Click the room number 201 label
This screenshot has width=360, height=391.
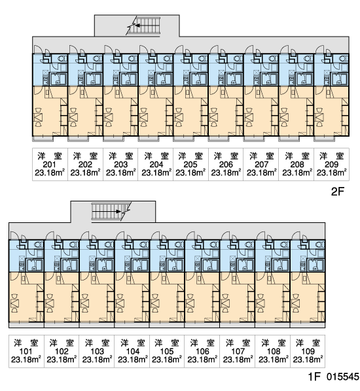tap(50, 165)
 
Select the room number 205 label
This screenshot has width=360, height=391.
tap(190, 165)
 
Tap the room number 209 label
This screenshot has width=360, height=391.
tap(331, 165)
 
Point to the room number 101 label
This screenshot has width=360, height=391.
tap(26, 351)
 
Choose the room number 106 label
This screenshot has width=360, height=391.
tap(202, 351)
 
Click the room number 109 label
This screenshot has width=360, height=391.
tap(308, 351)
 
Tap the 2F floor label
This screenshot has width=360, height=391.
tap(338, 192)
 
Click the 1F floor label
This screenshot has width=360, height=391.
tap(314, 377)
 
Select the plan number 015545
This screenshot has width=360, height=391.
tap(342, 377)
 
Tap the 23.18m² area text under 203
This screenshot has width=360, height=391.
tap(120, 173)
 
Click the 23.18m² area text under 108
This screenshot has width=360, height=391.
tap(274, 360)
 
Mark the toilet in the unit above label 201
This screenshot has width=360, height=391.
tap(62, 59)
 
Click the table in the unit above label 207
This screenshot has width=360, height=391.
tap(249, 117)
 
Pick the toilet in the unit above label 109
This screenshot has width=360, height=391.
tap(319, 245)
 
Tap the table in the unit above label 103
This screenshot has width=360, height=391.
tap(85, 303)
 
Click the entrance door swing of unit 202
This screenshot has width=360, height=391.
tap(73, 49)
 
